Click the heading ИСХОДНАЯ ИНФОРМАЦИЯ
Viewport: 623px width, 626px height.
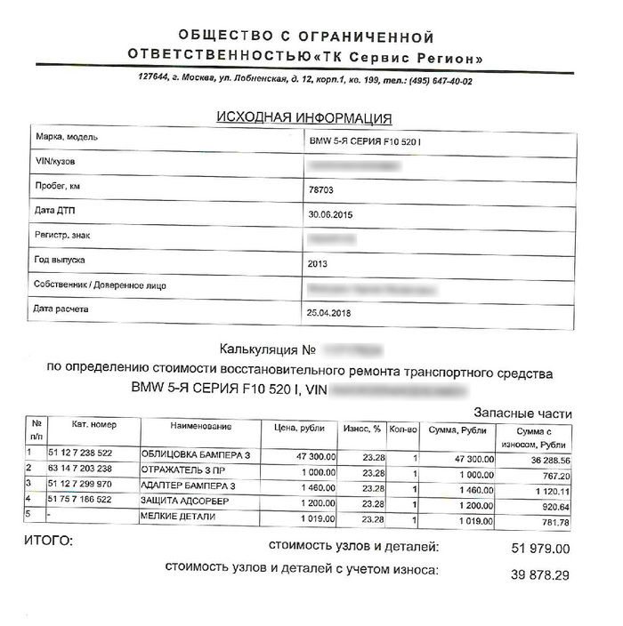304,117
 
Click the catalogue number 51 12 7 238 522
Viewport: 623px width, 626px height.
93,454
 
